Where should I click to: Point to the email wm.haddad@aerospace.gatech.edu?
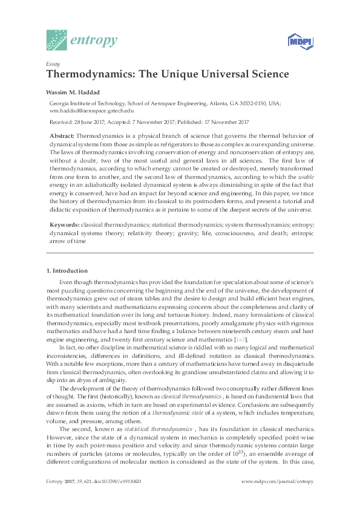[91, 111]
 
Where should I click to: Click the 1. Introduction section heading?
[67, 270]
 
